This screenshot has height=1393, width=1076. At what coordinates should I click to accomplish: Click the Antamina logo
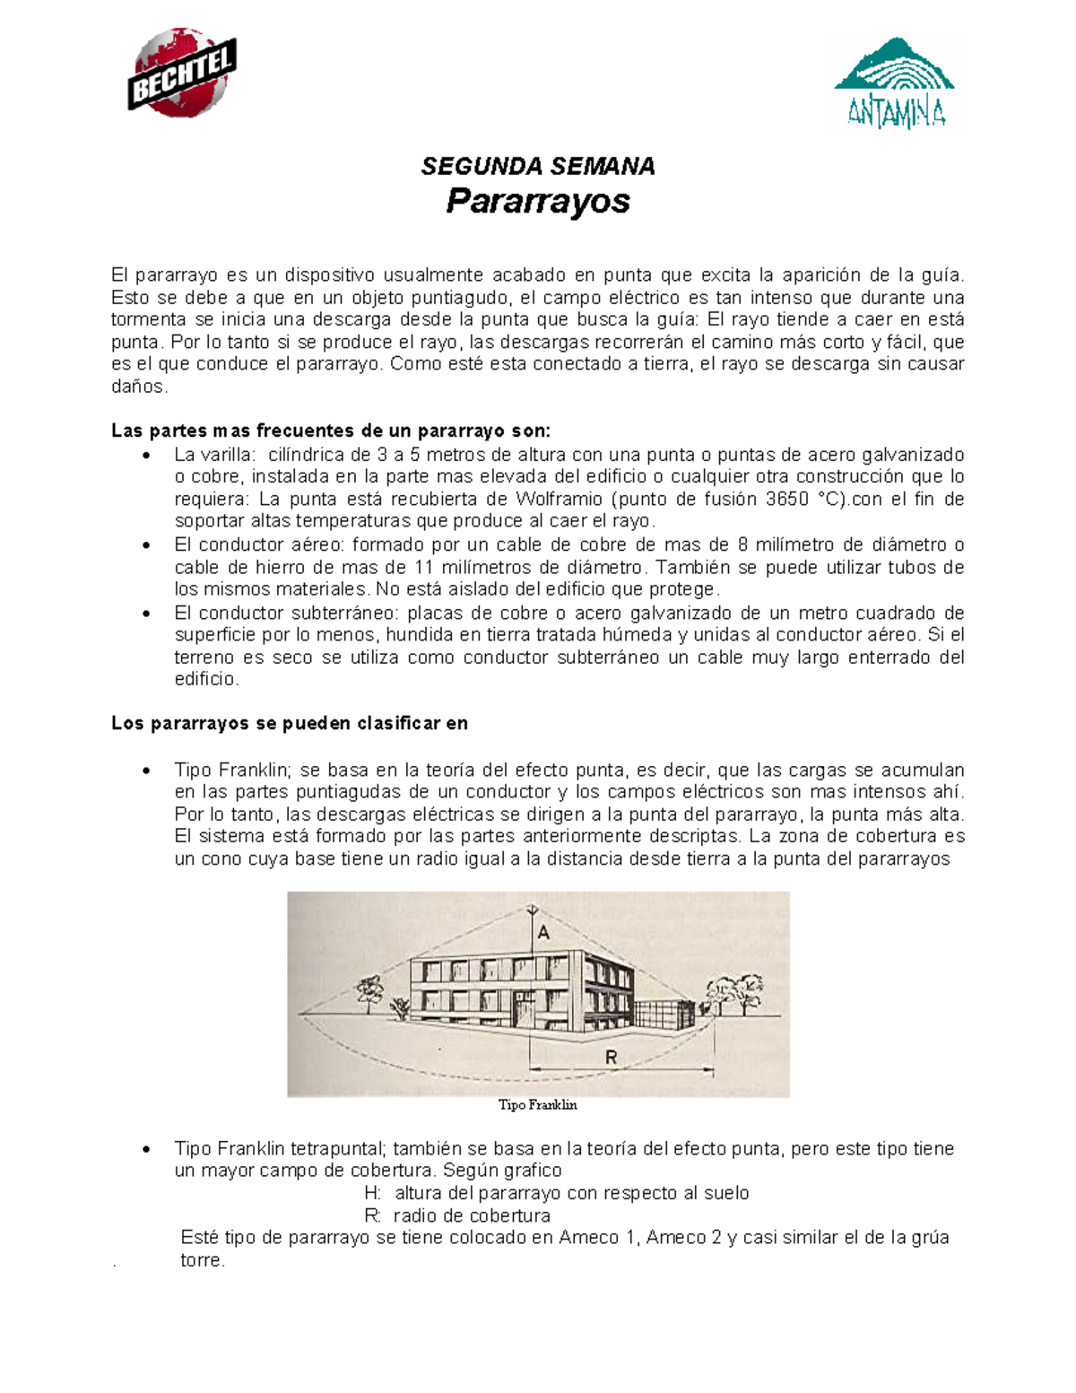click(x=893, y=83)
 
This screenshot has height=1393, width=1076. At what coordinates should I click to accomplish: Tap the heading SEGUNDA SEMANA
click(x=538, y=167)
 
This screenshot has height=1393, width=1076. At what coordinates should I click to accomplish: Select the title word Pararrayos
click(x=538, y=201)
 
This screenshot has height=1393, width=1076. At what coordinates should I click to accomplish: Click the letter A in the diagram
click(x=543, y=933)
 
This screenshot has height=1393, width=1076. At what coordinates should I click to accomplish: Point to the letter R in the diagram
click(x=612, y=1058)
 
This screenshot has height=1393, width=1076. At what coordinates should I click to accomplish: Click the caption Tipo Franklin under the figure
click(x=538, y=1105)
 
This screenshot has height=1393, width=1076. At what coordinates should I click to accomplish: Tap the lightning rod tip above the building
click(x=533, y=908)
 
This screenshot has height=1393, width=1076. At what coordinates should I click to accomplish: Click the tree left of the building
click(x=369, y=992)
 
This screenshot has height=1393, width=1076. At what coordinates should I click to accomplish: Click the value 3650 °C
click(x=805, y=499)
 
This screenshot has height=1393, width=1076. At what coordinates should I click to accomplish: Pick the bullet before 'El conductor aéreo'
click(x=146, y=545)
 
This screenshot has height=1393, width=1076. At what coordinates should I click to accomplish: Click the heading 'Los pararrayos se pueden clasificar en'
click(x=290, y=723)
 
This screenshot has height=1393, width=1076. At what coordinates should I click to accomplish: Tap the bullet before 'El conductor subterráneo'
click(x=146, y=614)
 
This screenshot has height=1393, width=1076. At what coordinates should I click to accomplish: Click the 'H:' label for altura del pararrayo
click(x=373, y=1193)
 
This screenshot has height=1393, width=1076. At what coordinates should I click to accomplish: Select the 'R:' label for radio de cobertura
click(x=373, y=1215)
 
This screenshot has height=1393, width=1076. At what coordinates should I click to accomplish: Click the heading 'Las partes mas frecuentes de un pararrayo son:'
click(x=331, y=431)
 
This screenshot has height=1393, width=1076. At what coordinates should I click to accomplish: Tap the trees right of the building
click(x=733, y=996)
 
